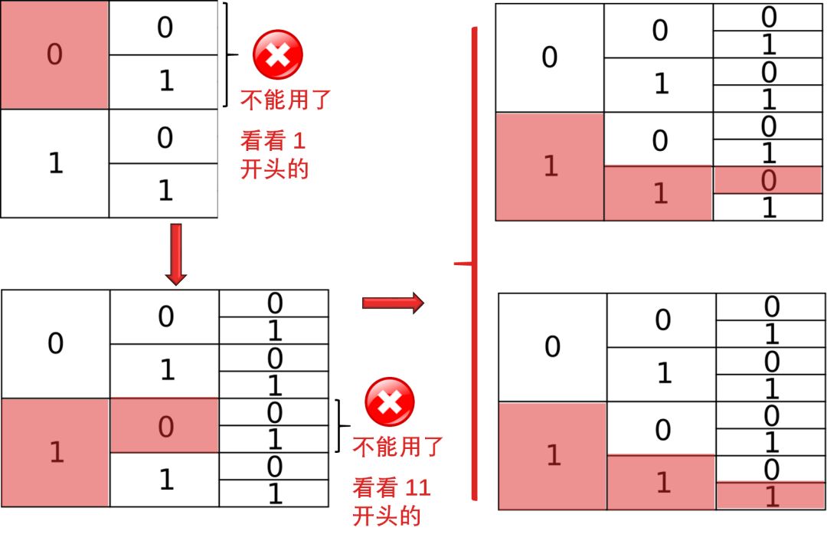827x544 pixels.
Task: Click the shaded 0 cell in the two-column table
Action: pos(54,54)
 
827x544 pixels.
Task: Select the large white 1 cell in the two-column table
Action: pos(54,163)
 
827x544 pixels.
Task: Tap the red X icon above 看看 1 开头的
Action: pos(278,55)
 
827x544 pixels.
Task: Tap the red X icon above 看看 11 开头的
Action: pos(390,403)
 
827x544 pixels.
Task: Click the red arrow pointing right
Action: pos(392,303)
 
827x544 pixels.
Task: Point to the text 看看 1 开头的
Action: pos(274,154)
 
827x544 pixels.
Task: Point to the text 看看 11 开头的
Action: pos(391,501)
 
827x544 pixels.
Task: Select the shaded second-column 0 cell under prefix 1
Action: pos(165,426)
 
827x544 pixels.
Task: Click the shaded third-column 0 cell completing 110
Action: pos(768,181)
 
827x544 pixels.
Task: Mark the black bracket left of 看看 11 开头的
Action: pos(342,426)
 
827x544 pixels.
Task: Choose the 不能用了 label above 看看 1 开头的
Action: pos(286,100)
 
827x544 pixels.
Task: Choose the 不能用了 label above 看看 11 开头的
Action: pos(397,445)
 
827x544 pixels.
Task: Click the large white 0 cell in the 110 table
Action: pos(549,58)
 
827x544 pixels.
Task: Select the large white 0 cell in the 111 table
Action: pos(552,347)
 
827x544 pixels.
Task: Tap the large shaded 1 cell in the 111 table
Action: pos(553,456)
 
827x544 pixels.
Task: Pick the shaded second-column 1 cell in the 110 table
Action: pos(659,194)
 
